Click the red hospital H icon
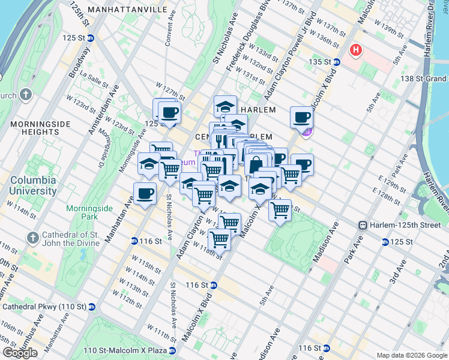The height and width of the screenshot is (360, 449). click(x=356, y=50)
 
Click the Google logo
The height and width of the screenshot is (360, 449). click(x=20, y=353)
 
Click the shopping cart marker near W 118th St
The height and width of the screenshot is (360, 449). click(x=220, y=239)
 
